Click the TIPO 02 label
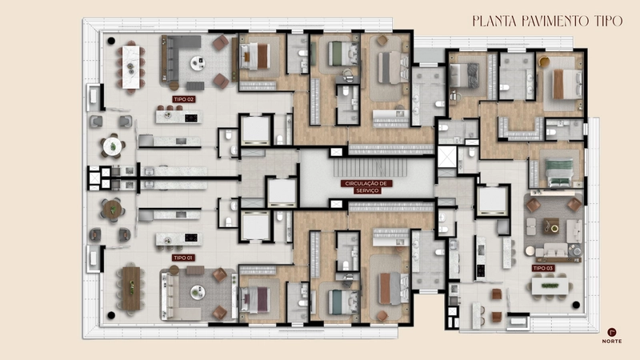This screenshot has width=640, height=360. point(184,99)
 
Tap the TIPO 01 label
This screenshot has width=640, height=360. point(183,258)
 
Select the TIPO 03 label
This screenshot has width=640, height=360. point(543,268)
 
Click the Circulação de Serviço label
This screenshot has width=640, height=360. point(367,187)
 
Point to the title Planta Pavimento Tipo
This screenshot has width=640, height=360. point(547,21)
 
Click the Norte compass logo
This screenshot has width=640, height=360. point(612,335)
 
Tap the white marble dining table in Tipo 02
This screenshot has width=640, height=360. point(130,67)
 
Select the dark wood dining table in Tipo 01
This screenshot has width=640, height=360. point(131,289)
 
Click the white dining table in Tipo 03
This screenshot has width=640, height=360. point(550,286)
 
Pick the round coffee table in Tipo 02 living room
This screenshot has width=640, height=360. point(198,63)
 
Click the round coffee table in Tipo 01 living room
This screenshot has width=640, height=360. point(198,292)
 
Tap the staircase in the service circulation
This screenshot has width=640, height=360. point(370,167)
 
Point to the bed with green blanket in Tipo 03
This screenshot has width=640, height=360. point(559,172)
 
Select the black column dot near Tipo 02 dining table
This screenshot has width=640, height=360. point(111,41)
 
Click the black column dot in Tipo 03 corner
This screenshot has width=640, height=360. point(576,305)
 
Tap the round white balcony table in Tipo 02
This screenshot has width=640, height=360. point(112,146)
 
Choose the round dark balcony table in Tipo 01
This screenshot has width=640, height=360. point(112,210)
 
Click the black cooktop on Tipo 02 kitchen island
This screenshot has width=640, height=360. point(191,118)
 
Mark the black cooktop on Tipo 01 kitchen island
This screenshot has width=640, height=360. point(191,238)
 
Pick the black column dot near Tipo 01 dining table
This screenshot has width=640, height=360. point(111,315)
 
